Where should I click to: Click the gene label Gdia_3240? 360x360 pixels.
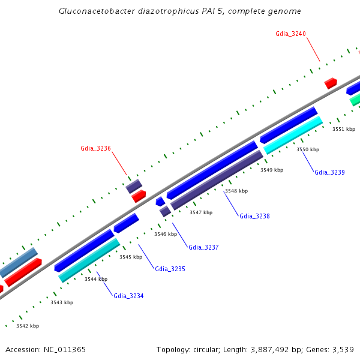pos(290,34)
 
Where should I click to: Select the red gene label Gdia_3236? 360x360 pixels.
pos(95,148)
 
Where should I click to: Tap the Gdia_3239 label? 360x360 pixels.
pos(329,172)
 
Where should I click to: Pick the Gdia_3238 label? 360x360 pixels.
pos(254,216)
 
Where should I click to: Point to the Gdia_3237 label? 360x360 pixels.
pos(203,247)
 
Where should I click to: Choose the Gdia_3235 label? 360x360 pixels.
pos(170,269)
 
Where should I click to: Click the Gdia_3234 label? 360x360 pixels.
pos(128,296)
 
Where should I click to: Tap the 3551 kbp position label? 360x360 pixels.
pos(344,129)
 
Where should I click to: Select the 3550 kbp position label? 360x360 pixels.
pos(308,149)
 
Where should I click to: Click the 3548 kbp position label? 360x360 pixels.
pos(236,191)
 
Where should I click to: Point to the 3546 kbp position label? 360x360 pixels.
pos(165,234)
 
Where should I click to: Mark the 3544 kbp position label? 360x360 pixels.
pos(96,279)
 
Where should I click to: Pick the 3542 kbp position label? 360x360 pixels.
pos(28,326)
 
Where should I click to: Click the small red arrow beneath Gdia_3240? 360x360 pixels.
pos(331,83)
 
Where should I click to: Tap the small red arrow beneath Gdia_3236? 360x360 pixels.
pos(139,196)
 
